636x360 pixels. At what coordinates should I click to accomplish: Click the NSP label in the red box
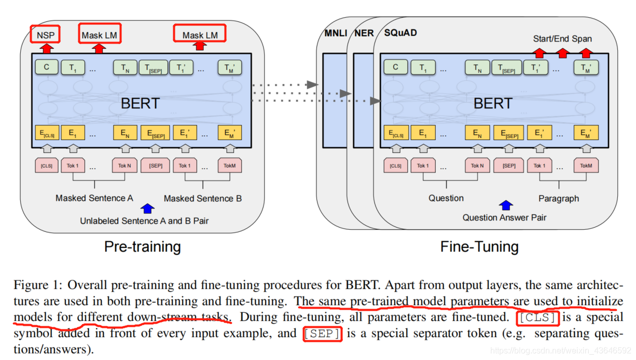click(x=45, y=35)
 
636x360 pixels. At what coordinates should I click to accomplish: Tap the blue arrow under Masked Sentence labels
click(x=148, y=209)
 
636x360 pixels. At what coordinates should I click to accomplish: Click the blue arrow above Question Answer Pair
click(x=505, y=205)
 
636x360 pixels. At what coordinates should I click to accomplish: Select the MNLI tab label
click(x=336, y=33)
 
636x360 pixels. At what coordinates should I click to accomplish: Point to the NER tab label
click(x=364, y=33)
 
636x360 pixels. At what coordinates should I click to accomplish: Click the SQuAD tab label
click(x=400, y=33)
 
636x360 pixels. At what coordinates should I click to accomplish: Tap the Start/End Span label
click(x=562, y=39)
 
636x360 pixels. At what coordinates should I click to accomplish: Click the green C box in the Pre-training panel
click(x=47, y=67)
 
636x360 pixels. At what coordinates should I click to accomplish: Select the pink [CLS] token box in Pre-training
click(x=46, y=165)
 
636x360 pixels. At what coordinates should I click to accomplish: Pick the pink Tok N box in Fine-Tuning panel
click(x=477, y=165)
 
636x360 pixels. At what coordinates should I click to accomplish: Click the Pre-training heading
click(x=143, y=246)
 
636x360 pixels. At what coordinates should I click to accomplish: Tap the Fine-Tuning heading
click(x=479, y=246)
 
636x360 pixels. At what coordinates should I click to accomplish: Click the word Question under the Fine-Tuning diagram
click(x=446, y=198)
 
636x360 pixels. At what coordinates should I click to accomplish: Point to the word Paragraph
click(x=559, y=198)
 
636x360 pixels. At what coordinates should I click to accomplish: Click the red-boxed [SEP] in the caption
click(x=322, y=334)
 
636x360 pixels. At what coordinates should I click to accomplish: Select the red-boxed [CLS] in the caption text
click(x=538, y=317)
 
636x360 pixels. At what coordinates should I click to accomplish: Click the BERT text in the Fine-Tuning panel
click(x=493, y=103)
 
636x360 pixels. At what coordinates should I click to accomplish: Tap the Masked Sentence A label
click(x=94, y=198)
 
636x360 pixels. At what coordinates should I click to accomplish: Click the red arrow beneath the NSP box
click(x=47, y=49)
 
